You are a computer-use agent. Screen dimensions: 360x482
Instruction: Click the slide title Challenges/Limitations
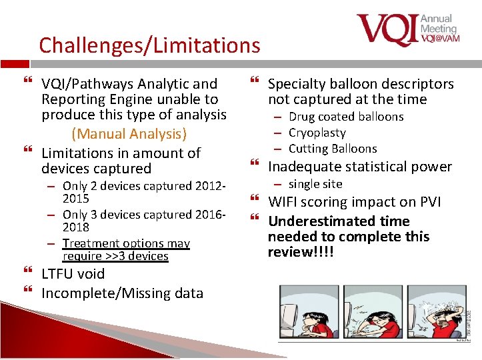tap(149, 45)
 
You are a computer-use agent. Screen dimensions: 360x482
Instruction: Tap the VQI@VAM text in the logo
tap(439, 39)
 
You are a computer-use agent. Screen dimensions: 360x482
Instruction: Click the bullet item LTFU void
tap(73, 274)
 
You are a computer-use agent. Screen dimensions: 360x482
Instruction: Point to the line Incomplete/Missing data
tap(122, 293)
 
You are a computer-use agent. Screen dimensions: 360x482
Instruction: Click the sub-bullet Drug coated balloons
tap(346, 117)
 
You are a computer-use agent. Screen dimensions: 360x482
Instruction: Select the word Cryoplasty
tap(317, 133)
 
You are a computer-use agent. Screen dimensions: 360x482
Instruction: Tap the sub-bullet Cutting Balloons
tap(333, 149)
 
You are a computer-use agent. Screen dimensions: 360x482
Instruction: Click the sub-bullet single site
tap(315, 183)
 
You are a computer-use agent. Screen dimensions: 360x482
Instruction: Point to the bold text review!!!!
tap(300, 252)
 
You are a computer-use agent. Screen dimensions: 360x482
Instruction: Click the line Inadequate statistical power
tap(359, 167)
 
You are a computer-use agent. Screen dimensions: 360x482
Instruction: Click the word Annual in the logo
tap(436, 19)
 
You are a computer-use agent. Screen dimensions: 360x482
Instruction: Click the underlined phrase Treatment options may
tap(126, 244)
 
